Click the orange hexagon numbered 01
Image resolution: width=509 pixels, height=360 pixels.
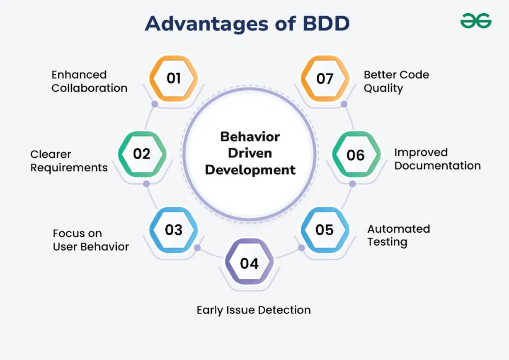pos(174,78)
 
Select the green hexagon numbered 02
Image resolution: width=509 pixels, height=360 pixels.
pos(142,154)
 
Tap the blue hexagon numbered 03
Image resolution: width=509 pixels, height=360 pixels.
pos(174,230)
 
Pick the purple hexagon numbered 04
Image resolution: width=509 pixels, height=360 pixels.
pos(249,263)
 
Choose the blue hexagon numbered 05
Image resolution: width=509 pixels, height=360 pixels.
pos(325,230)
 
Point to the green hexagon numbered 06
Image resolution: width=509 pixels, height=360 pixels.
pos(356,155)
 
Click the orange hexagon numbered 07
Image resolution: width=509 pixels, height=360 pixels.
pos(325,78)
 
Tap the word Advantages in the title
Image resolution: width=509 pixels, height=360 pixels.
pos(206,24)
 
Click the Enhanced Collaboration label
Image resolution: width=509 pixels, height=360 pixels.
pos(89,81)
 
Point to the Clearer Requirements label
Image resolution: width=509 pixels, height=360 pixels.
pos(69,161)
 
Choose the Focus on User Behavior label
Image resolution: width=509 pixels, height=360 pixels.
pos(91,240)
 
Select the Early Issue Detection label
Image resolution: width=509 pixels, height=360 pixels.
pos(254,310)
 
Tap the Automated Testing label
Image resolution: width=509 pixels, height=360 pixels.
pos(398,235)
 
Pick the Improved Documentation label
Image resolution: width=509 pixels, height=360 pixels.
pos(437,159)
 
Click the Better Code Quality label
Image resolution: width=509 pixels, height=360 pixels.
pos(396,81)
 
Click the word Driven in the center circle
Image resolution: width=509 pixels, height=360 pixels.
pos(250,153)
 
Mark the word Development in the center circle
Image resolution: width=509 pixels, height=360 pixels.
pos(250,170)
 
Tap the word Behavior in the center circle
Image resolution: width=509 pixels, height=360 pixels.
pos(250,136)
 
